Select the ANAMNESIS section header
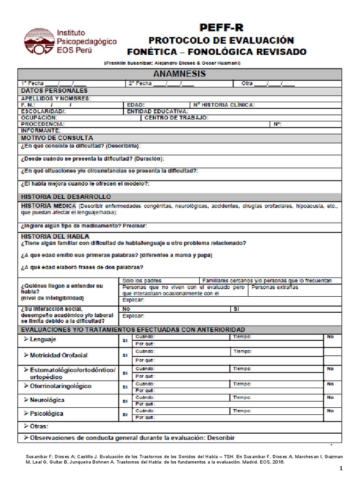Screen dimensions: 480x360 coord(180,74)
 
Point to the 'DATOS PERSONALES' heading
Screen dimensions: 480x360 coord(54,90)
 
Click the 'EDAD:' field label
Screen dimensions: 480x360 coord(136,105)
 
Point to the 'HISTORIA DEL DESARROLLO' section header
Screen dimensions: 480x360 coord(66,197)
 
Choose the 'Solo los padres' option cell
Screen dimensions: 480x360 coord(139,280)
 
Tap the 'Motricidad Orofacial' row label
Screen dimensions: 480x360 coord(59,355)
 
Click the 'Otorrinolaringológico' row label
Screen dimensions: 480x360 coord(60,386)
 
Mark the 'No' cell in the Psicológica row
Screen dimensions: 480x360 coord(330,411)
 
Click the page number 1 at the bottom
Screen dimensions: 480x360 coord(341,468)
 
